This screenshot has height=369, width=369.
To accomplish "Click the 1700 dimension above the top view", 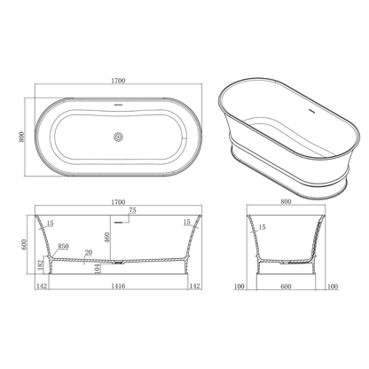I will point(118,81).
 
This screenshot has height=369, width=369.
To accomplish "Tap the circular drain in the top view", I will point(118,137).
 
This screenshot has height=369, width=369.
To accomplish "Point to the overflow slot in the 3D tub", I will point(310,113).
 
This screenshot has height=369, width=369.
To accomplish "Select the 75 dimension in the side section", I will point(132,211).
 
